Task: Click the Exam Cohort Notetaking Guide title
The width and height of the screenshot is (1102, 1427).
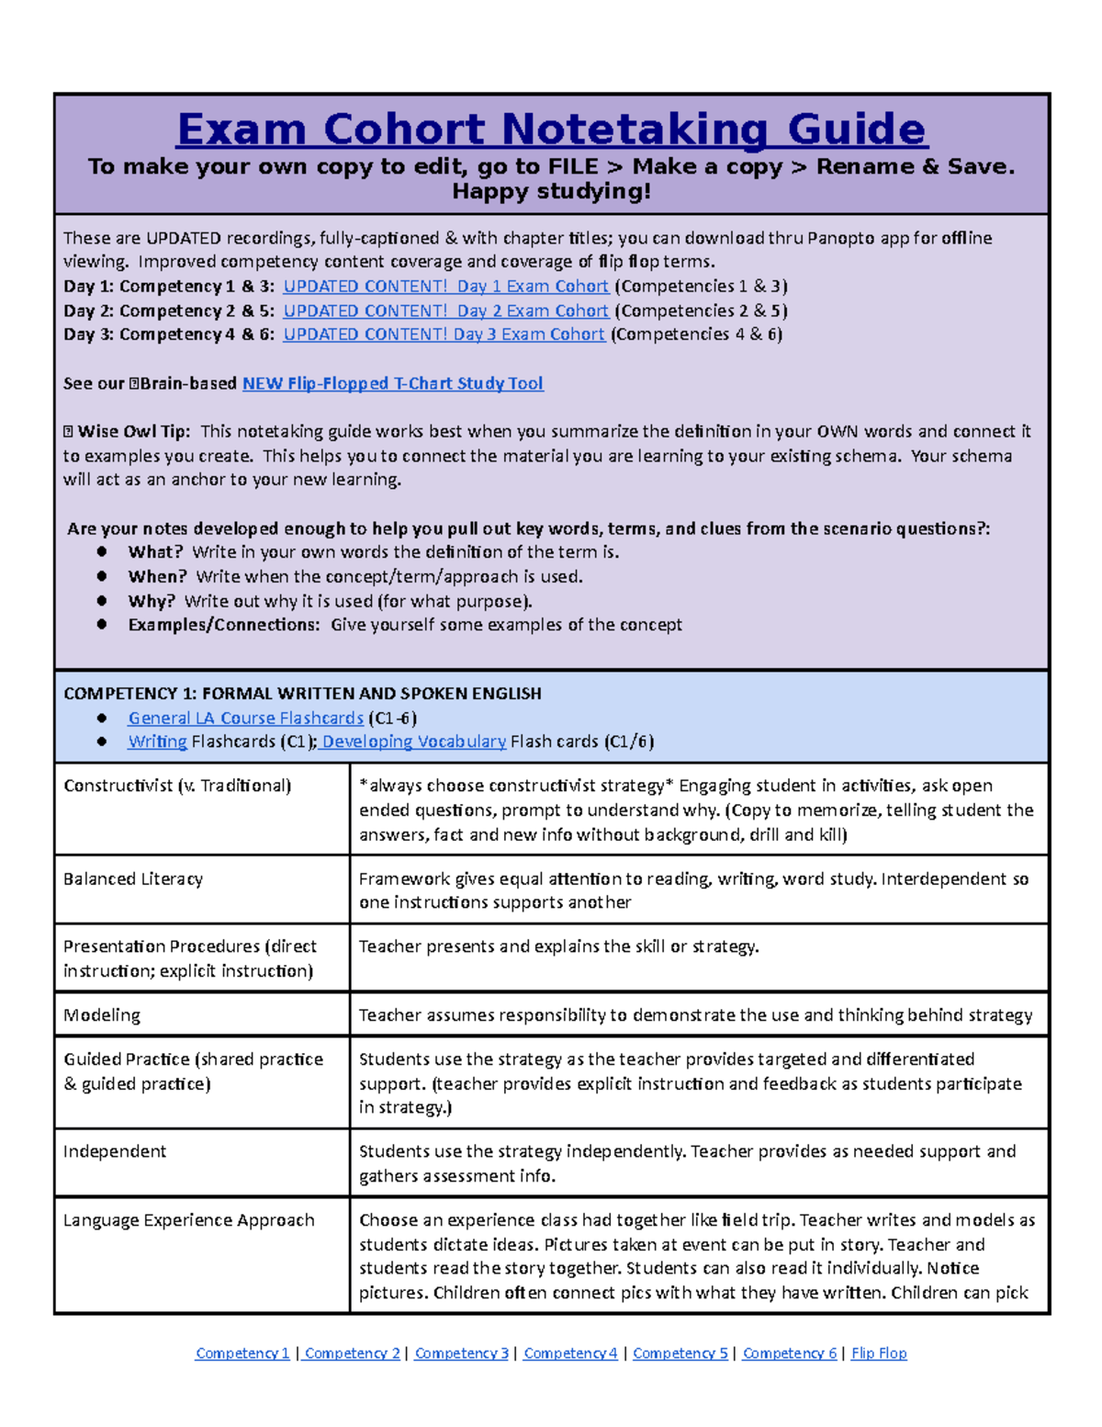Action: pos(552,130)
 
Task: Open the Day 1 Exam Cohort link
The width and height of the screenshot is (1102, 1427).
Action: pos(445,287)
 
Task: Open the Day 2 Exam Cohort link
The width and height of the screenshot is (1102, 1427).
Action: pos(445,311)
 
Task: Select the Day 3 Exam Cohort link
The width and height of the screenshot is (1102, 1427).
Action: pos(444,334)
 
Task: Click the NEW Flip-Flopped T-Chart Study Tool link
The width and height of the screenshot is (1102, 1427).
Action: pos(392,383)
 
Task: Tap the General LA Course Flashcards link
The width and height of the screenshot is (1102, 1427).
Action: pos(245,718)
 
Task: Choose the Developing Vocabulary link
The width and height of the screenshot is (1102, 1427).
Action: pos(413,742)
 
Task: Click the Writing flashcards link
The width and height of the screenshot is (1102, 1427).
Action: pos(157,742)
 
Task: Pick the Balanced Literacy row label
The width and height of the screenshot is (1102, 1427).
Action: pos(133,879)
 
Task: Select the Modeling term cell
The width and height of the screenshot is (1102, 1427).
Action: pos(102,1015)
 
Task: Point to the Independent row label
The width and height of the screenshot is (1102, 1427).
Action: pos(115,1151)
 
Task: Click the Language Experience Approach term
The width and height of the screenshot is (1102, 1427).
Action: pos(188,1220)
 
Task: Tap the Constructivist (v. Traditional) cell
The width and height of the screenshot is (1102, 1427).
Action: pos(177,786)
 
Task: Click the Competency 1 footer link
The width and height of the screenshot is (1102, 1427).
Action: pos(242,1353)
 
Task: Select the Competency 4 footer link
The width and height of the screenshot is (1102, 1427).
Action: pos(570,1353)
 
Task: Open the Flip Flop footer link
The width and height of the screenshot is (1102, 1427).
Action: pos(879,1353)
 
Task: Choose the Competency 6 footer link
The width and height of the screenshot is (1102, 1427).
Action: pos(790,1353)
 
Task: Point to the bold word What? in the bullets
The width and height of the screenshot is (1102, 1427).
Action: pos(155,552)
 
